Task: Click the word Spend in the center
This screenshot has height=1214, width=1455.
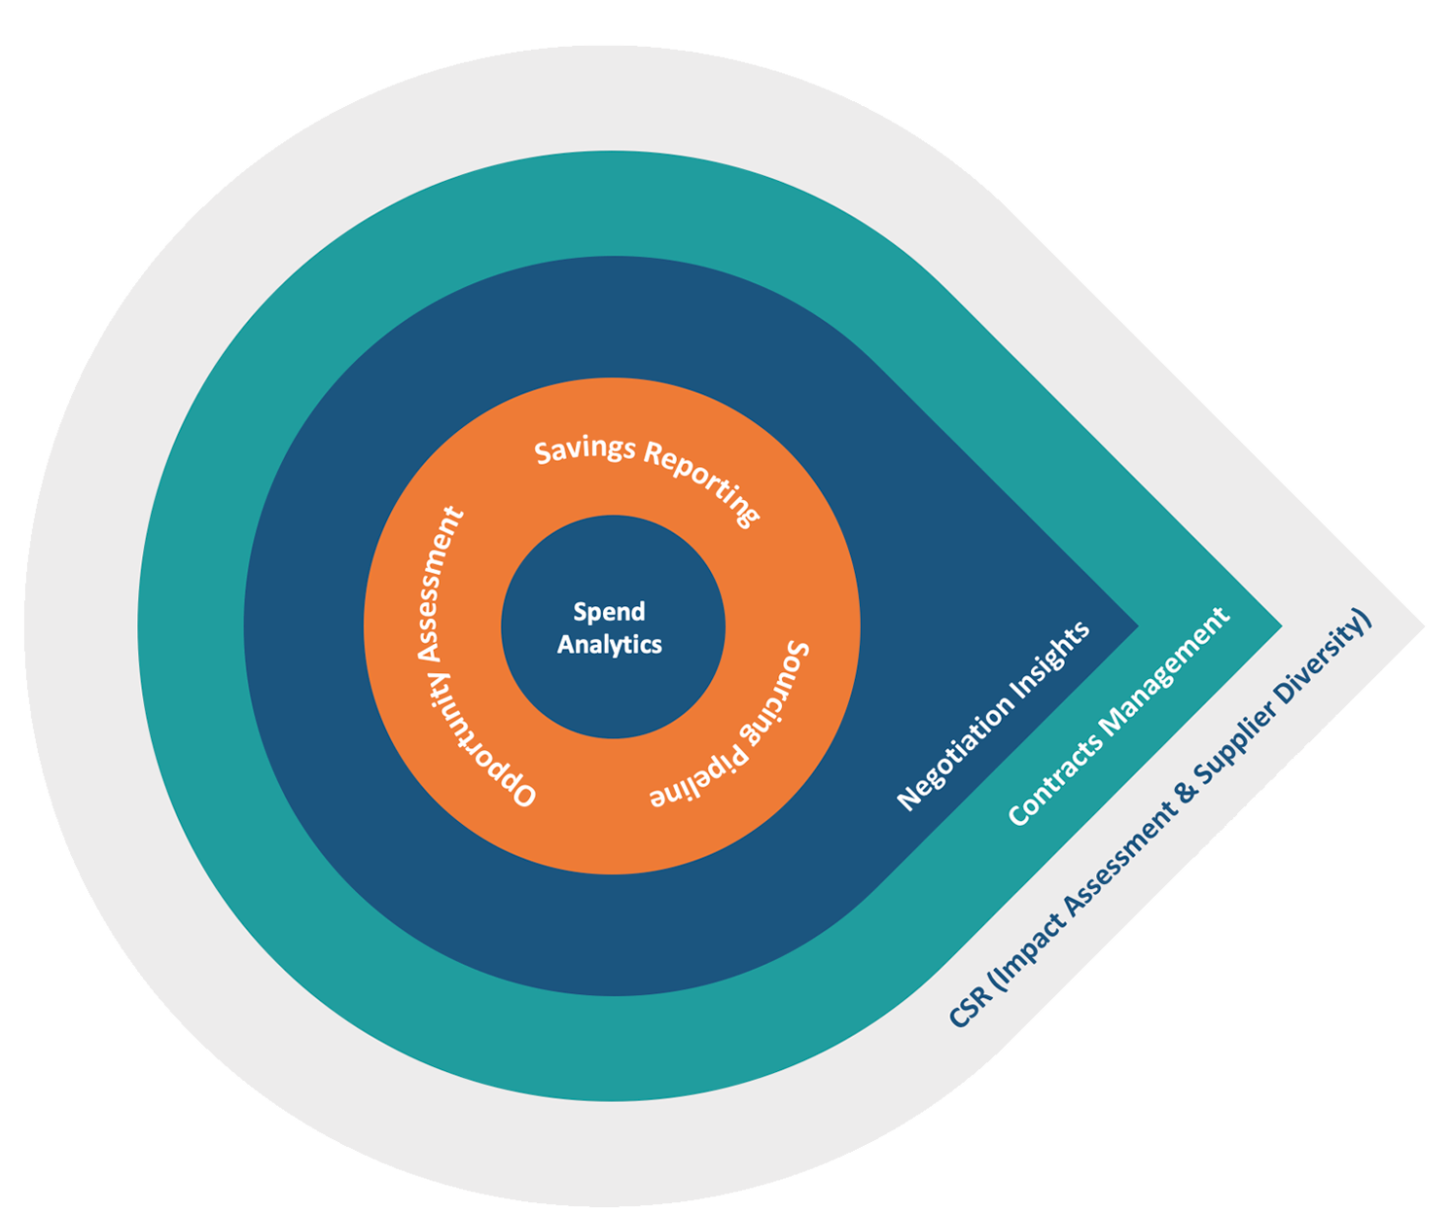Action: point(609,612)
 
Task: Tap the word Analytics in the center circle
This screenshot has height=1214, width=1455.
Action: point(610,645)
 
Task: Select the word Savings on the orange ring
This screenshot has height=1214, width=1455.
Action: point(585,450)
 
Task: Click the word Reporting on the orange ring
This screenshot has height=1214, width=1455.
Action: point(703,484)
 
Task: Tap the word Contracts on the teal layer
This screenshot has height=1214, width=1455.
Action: point(1054,777)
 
